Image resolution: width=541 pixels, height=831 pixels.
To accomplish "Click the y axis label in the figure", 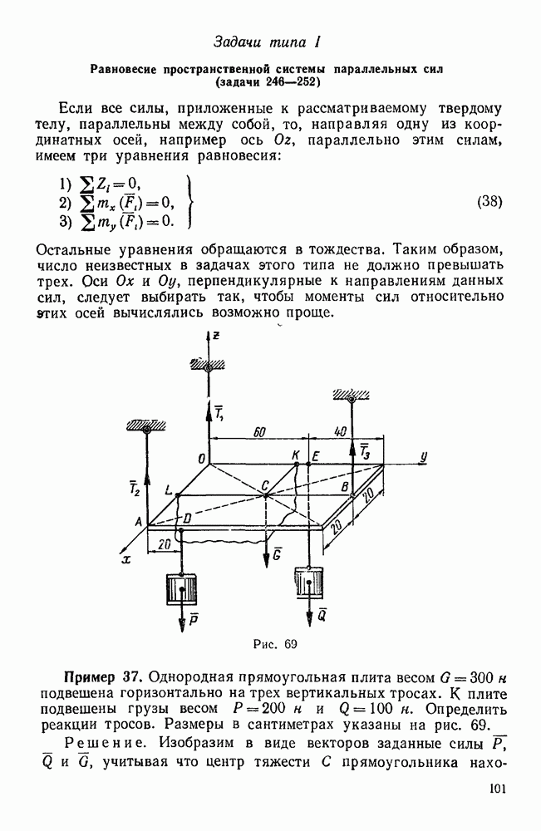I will coord(424,456).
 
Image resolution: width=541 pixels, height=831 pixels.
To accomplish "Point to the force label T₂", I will coord(135,488).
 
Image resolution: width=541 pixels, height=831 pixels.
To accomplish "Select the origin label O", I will coord(199,458).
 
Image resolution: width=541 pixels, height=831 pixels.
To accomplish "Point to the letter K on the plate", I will coord(296,455).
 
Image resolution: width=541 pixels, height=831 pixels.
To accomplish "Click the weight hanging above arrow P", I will coord(180,591).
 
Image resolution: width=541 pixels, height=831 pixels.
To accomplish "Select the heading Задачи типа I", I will coord(268,41).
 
